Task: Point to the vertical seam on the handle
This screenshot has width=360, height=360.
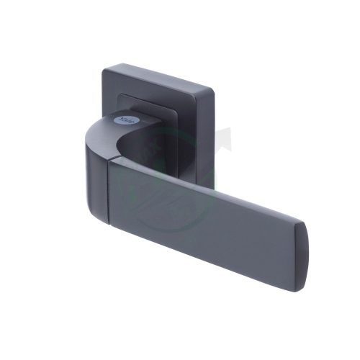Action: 110,191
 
